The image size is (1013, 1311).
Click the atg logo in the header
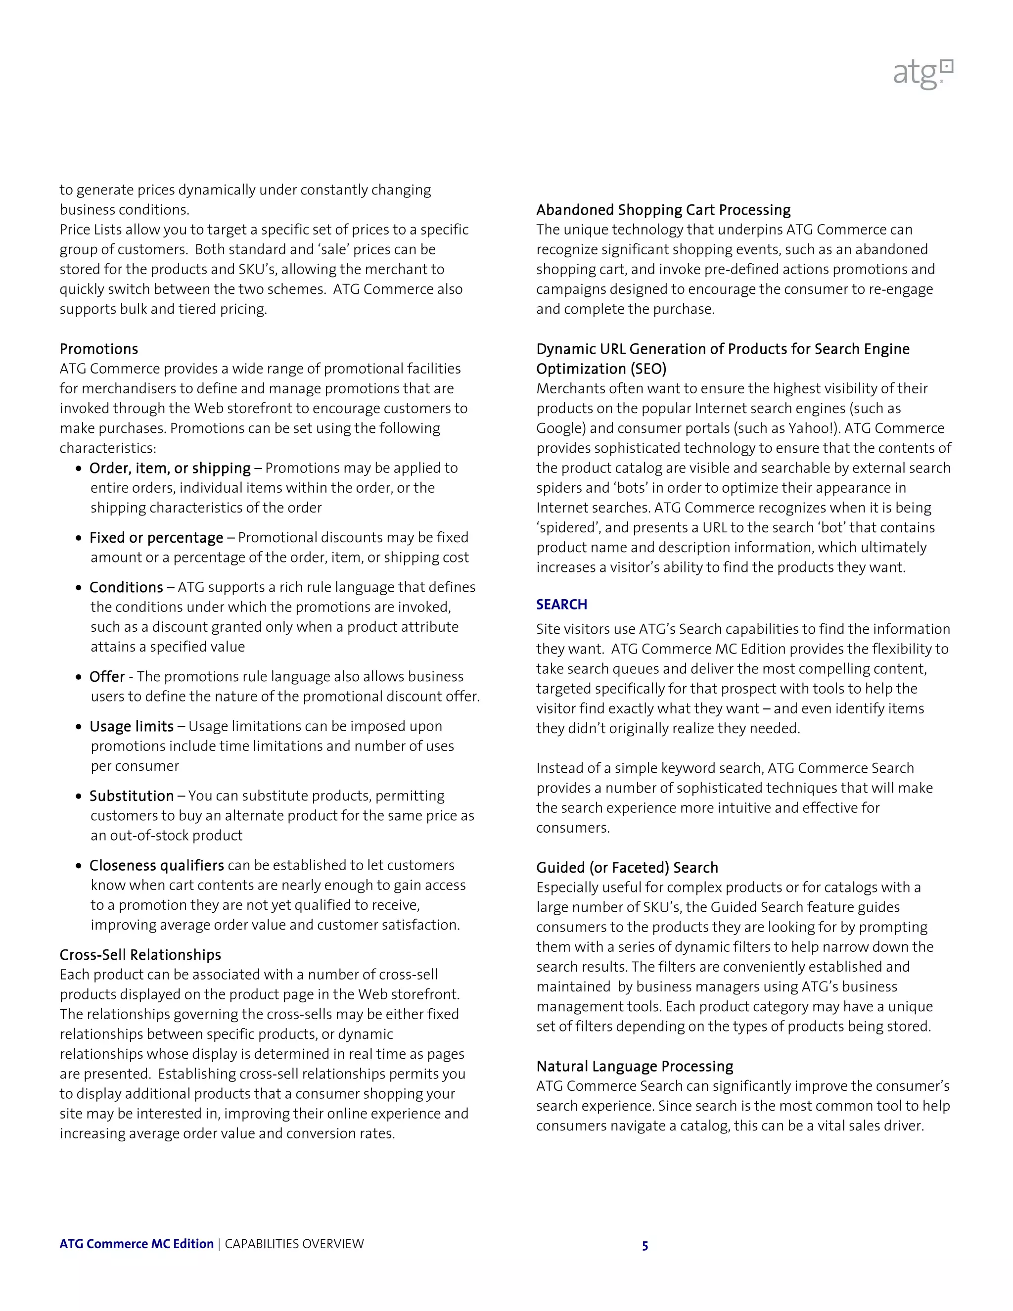tap(922, 74)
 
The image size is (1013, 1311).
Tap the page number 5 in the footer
tap(645, 1246)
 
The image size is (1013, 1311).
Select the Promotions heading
tap(98, 349)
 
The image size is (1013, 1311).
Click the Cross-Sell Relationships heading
tap(140, 954)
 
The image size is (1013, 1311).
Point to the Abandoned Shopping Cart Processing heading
tap(663, 209)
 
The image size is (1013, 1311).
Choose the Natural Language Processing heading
tap(634, 1066)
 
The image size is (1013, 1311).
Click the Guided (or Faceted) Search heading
tap(627, 867)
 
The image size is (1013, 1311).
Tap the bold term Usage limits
tap(132, 726)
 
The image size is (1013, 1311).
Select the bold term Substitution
tap(132, 796)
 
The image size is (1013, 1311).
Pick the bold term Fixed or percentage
tap(156, 538)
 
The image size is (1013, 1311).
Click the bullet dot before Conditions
tap(79, 588)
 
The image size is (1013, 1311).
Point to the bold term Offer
tap(107, 676)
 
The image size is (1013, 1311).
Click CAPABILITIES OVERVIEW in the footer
tap(294, 1244)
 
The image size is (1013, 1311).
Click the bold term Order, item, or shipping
tap(170, 468)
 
